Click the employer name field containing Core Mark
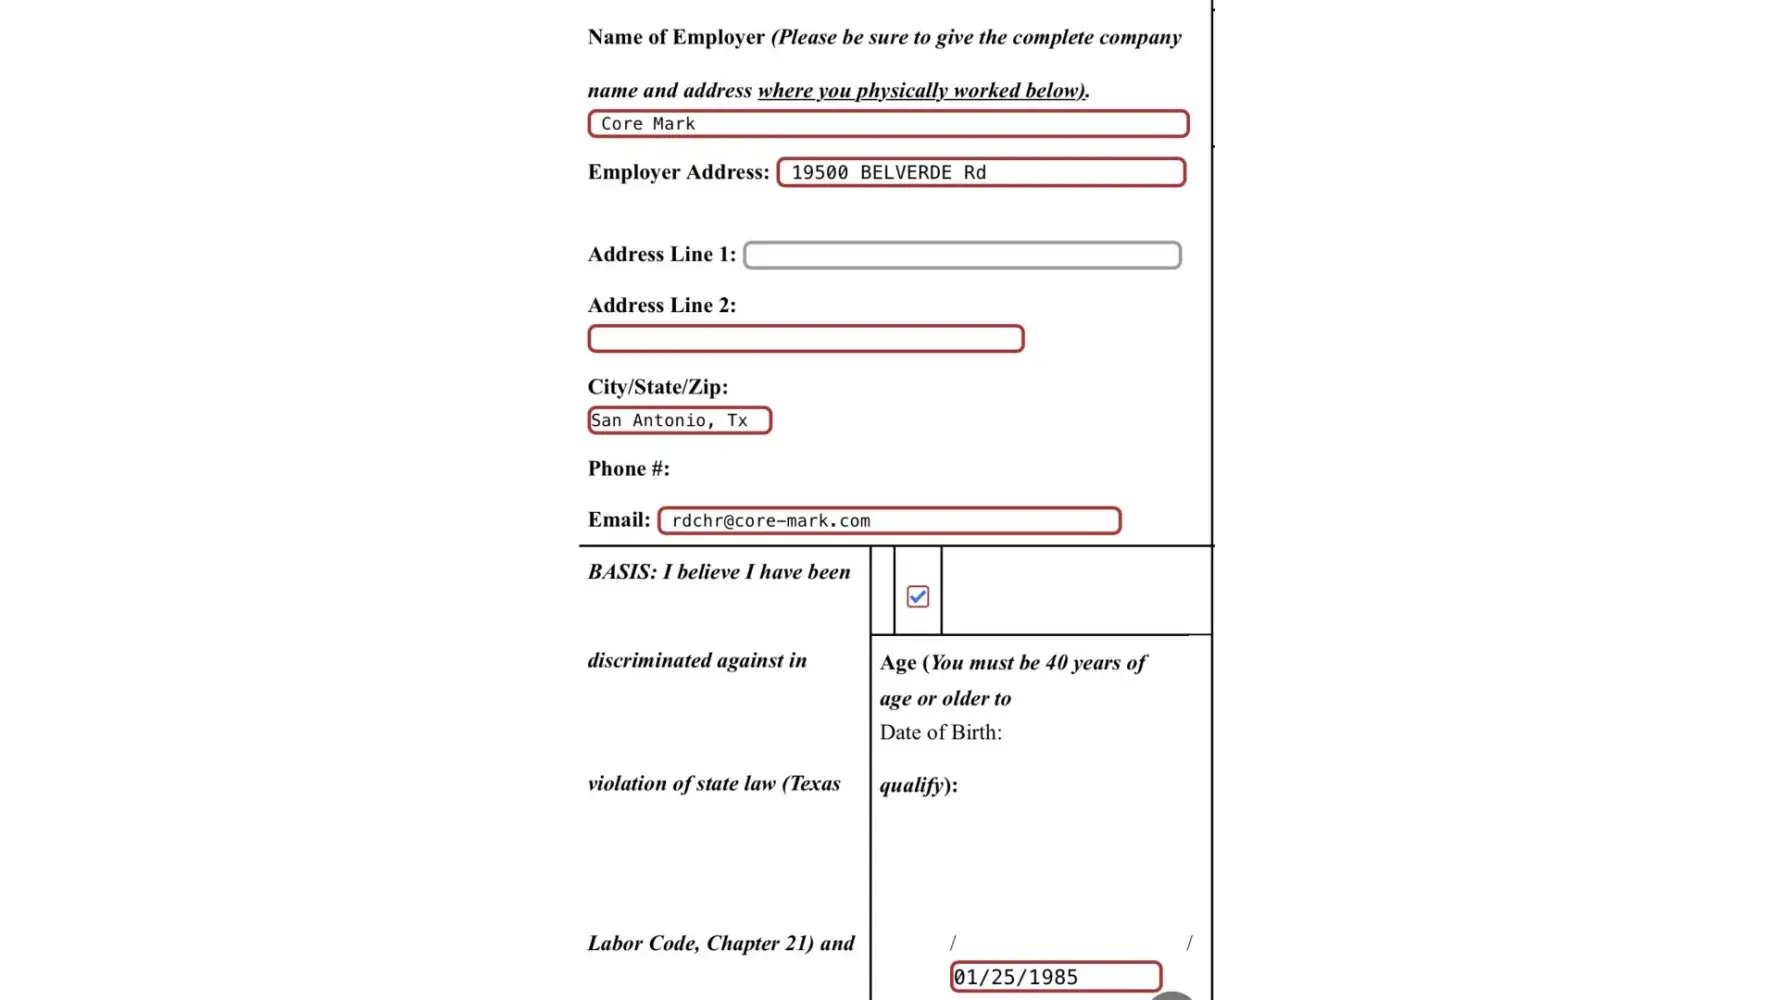pos(888,124)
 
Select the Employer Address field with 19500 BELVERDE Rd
pos(981,172)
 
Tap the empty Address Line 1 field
pos(962,255)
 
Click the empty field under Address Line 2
pos(805,339)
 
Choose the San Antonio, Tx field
pos(679,421)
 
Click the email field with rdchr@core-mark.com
pos(889,521)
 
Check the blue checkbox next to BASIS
pos(917,597)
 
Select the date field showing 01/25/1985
pos(1055,977)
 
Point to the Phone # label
pos(628,469)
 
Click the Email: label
pos(618,520)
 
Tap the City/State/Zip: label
pos(657,387)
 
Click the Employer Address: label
pos(678,172)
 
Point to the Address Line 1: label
pos(661,255)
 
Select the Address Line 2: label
pos(661,306)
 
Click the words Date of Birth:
pos(940,733)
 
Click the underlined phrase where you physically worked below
pos(920,91)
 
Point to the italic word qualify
pos(912,786)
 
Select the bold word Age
pos(897,663)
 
